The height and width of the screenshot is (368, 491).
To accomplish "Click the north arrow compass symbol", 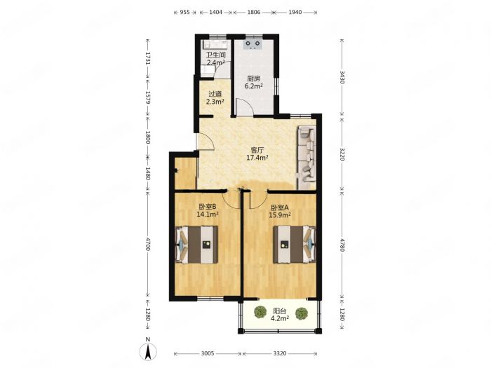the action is click(x=148, y=350).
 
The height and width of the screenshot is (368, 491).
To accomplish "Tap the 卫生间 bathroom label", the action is click(x=216, y=55).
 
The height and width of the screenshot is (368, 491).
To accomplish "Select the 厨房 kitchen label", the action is click(x=254, y=79).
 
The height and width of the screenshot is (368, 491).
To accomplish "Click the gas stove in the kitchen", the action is click(x=253, y=44).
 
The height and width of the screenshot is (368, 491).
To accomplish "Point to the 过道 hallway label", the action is click(x=215, y=93).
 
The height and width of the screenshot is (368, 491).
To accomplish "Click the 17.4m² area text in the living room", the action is click(x=257, y=158).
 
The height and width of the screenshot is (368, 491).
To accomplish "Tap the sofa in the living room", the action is click(x=307, y=158).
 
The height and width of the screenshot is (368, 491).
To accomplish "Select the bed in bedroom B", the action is click(x=196, y=245).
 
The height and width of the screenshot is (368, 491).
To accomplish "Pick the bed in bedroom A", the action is click(x=295, y=245).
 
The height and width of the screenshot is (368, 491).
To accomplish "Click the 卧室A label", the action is click(x=280, y=207).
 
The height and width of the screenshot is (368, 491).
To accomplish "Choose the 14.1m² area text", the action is click(x=208, y=214).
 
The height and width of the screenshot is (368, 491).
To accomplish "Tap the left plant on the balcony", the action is click(x=260, y=313).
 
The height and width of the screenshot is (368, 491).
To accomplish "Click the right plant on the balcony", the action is click(x=301, y=313).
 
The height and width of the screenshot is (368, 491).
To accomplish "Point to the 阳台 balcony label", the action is click(x=280, y=311).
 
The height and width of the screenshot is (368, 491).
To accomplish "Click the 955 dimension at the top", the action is click(x=185, y=12).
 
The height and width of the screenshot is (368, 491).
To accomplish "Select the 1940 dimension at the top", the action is click(x=295, y=12).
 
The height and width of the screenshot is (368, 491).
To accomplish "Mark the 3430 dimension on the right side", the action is click(x=342, y=77).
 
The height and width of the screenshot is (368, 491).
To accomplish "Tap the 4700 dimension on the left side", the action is click(x=148, y=245).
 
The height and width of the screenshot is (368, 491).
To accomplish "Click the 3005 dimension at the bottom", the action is click(x=208, y=353).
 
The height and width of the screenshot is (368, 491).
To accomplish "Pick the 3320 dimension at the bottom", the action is click(x=280, y=353).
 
